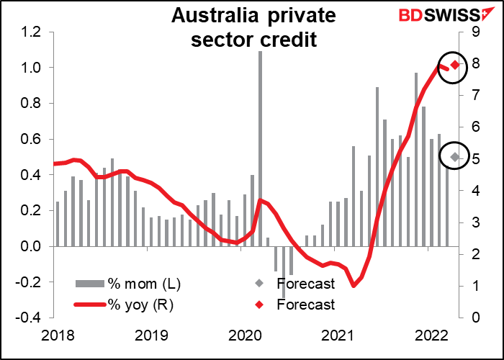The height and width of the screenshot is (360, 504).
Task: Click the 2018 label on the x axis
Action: [55, 335]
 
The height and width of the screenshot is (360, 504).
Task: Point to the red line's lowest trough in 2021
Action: [354, 286]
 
